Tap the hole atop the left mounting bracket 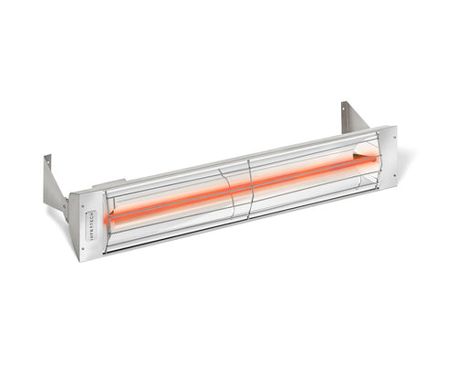[47, 163]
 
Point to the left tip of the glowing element [109, 219]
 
